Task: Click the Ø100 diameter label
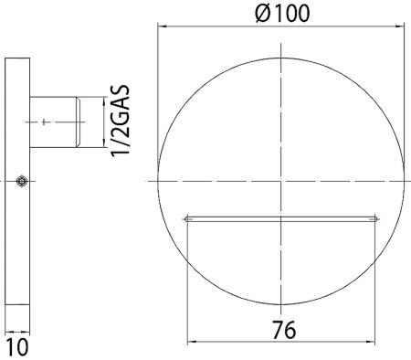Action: tap(282, 14)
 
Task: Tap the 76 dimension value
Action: tap(284, 330)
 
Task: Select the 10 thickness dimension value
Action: tap(17, 346)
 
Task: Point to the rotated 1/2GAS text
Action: tap(121, 121)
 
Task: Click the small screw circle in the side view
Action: tap(21, 181)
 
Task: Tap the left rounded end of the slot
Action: tap(187, 219)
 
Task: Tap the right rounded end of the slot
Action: tap(376, 219)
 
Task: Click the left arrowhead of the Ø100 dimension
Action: tap(162, 26)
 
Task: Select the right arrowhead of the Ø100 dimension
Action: tap(400, 26)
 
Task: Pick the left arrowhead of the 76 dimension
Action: tap(192, 342)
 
